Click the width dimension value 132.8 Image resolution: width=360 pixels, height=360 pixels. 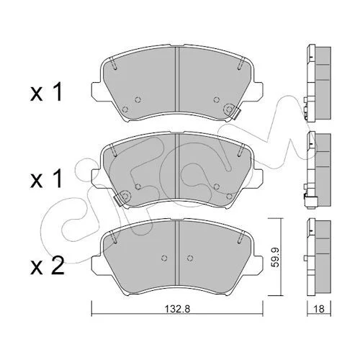tap(177, 309)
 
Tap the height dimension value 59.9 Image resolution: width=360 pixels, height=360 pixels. tap(276, 258)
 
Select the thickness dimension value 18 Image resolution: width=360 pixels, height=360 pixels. tap(319, 309)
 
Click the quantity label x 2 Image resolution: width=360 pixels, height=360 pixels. tap(48, 266)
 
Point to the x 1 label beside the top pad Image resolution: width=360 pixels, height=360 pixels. tap(46, 91)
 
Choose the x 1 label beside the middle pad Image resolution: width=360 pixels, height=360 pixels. tap(46, 179)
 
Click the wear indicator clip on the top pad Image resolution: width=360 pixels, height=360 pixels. tap(236, 112)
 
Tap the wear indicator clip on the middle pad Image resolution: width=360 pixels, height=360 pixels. tap(118, 199)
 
